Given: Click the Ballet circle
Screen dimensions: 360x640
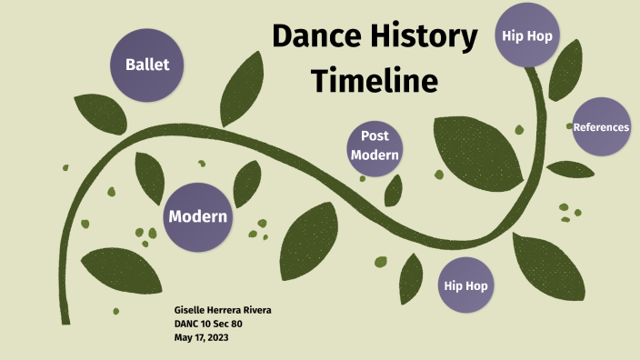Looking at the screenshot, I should (x=147, y=65).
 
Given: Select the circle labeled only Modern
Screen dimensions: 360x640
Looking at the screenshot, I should (x=199, y=216).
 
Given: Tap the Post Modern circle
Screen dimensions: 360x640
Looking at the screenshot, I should (x=375, y=145).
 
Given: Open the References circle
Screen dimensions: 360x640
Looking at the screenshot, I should (x=601, y=127).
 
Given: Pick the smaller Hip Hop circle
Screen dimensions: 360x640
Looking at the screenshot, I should (x=465, y=285).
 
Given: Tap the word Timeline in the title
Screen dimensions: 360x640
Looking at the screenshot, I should (x=375, y=80).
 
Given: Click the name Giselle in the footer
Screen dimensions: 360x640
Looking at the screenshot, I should (x=192, y=310).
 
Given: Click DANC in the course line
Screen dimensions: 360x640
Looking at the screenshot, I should (x=187, y=324).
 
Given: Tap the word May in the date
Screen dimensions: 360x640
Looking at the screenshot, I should (x=184, y=337).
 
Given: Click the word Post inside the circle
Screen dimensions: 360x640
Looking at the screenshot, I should (x=375, y=136).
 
